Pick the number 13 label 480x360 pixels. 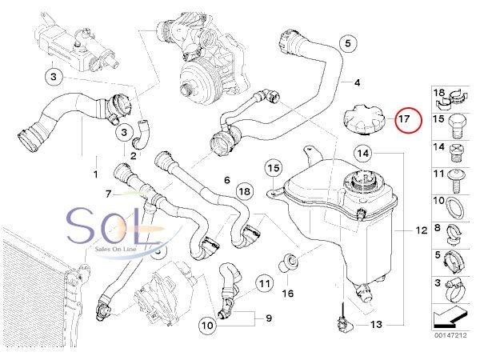[376, 326]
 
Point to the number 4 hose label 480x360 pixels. [357, 82]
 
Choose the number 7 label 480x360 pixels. [108, 193]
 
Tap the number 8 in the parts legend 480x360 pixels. [438, 229]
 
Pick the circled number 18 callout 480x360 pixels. [244, 191]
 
